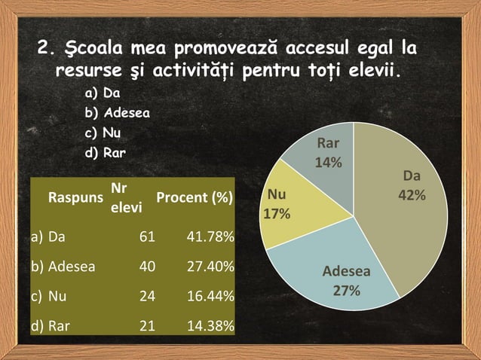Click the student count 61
148,238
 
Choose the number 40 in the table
148,267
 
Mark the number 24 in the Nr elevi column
148,297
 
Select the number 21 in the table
148,326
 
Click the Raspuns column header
75,199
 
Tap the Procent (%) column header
194,199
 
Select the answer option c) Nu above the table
103,134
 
